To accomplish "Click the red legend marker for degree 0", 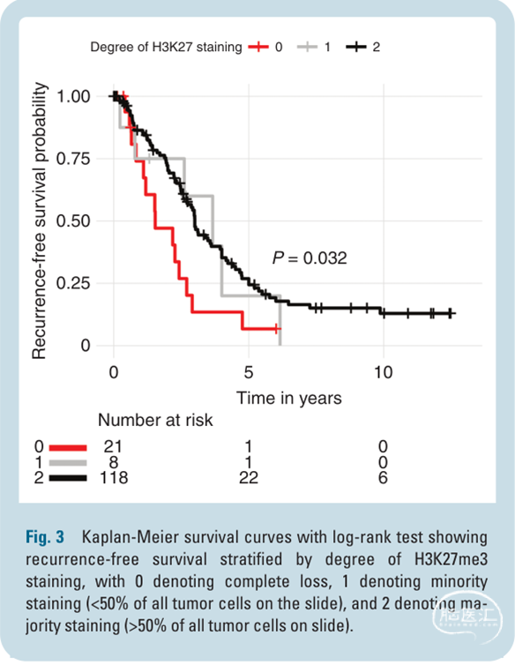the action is (258, 47).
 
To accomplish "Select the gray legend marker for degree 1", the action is (307, 47).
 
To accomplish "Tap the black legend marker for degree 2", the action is (356, 47).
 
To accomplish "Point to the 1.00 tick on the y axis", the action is (73, 97).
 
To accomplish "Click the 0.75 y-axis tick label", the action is (73, 159).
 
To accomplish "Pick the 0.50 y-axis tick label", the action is (73, 221).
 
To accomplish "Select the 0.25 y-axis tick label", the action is (73, 283).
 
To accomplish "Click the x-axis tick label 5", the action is (249, 372).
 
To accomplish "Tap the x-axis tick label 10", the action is (383, 372).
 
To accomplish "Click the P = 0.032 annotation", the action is (310, 258).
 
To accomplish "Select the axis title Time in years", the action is (289, 399).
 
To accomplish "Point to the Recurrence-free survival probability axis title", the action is (39, 220).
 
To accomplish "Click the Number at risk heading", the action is (155, 420).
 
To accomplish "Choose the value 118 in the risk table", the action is (114, 477).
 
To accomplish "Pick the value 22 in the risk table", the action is (249, 477).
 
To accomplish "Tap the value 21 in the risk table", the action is (113, 446).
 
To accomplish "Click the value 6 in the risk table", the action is (383, 477).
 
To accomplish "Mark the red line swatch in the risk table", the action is (68, 447).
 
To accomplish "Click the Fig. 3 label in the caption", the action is (45, 537).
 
